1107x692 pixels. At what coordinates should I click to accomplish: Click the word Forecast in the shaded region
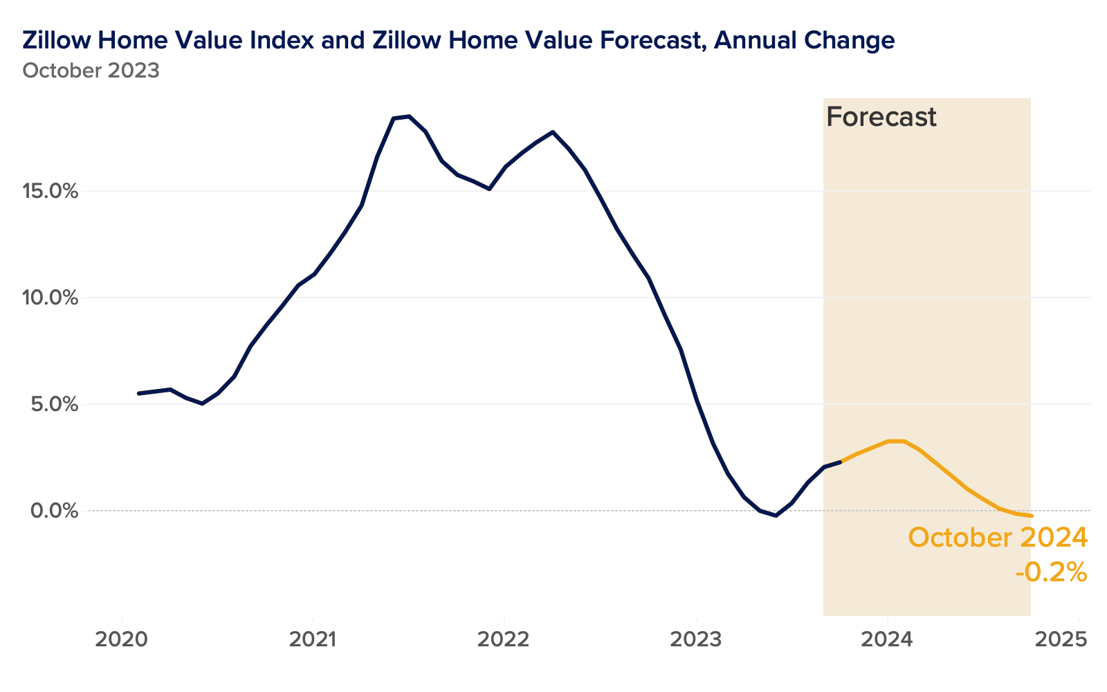881,117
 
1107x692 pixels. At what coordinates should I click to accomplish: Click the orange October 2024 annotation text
997,538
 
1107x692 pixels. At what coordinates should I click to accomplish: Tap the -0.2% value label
1051,572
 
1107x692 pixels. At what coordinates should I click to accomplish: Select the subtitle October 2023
91,71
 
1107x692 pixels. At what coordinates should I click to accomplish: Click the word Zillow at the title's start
57,40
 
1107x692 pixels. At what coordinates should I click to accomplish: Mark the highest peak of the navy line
409,116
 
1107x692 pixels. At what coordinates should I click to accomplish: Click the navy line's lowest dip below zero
776,516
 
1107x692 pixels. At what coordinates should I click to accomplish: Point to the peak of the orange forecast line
896,441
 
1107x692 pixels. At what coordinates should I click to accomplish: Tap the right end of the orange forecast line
1031,516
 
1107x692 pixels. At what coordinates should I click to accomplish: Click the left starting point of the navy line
139,393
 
